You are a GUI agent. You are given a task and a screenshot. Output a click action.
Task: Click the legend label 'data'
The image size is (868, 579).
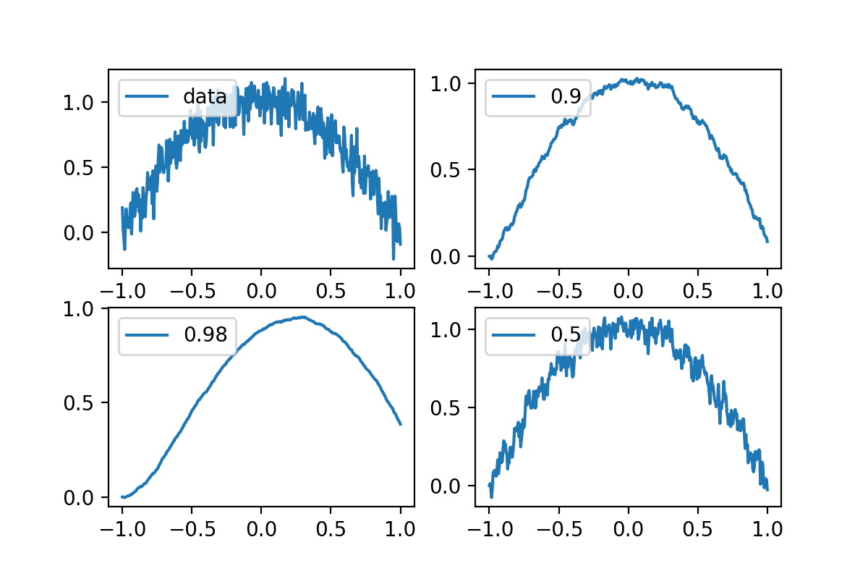(x=205, y=96)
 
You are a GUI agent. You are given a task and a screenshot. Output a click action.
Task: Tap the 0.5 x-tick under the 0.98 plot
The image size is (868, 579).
(x=331, y=528)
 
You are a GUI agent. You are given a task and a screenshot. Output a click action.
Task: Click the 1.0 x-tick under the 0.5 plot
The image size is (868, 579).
(x=767, y=528)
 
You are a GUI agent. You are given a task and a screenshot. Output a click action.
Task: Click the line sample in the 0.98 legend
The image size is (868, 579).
(x=148, y=334)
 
